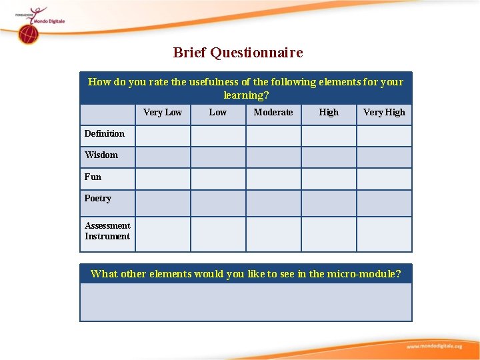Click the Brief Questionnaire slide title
[x=237, y=53]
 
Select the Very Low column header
[x=163, y=113]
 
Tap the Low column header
[x=218, y=113]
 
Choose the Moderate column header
[x=273, y=113]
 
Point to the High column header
[x=329, y=113]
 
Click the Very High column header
[x=384, y=113]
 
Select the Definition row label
[x=105, y=134]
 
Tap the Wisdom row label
[x=101, y=155]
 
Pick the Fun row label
[x=93, y=177]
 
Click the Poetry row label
[x=98, y=199]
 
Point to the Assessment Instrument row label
[x=107, y=231]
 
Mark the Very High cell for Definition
[x=384, y=136]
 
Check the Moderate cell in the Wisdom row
[x=273, y=157]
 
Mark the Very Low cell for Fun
[x=163, y=179]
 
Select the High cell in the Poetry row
[x=329, y=203]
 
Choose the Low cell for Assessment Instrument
[x=218, y=234]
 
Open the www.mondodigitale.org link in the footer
[x=434, y=347]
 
